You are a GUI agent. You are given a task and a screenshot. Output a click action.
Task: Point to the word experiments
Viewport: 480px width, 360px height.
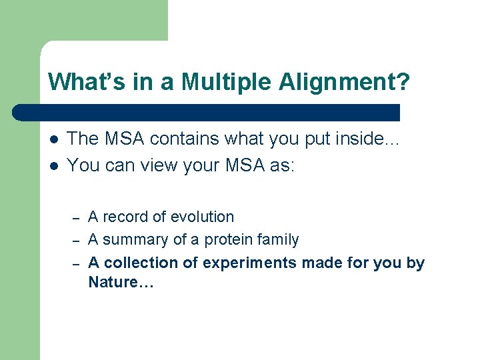click(249, 263)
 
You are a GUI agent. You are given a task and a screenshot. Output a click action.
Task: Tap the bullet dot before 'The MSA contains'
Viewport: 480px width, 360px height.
click(53, 140)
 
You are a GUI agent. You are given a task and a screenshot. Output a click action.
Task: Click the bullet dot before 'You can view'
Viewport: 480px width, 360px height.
click(53, 165)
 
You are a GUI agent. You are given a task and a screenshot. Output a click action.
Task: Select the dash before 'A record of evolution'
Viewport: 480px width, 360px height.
click(77, 218)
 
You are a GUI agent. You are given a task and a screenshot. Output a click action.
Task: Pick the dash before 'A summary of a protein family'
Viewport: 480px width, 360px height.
click(77, 241)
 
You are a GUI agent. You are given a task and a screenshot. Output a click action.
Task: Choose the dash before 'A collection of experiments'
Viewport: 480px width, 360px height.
click(77, 264)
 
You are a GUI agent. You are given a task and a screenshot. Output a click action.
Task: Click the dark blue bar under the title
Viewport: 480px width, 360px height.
click(207, 112)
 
